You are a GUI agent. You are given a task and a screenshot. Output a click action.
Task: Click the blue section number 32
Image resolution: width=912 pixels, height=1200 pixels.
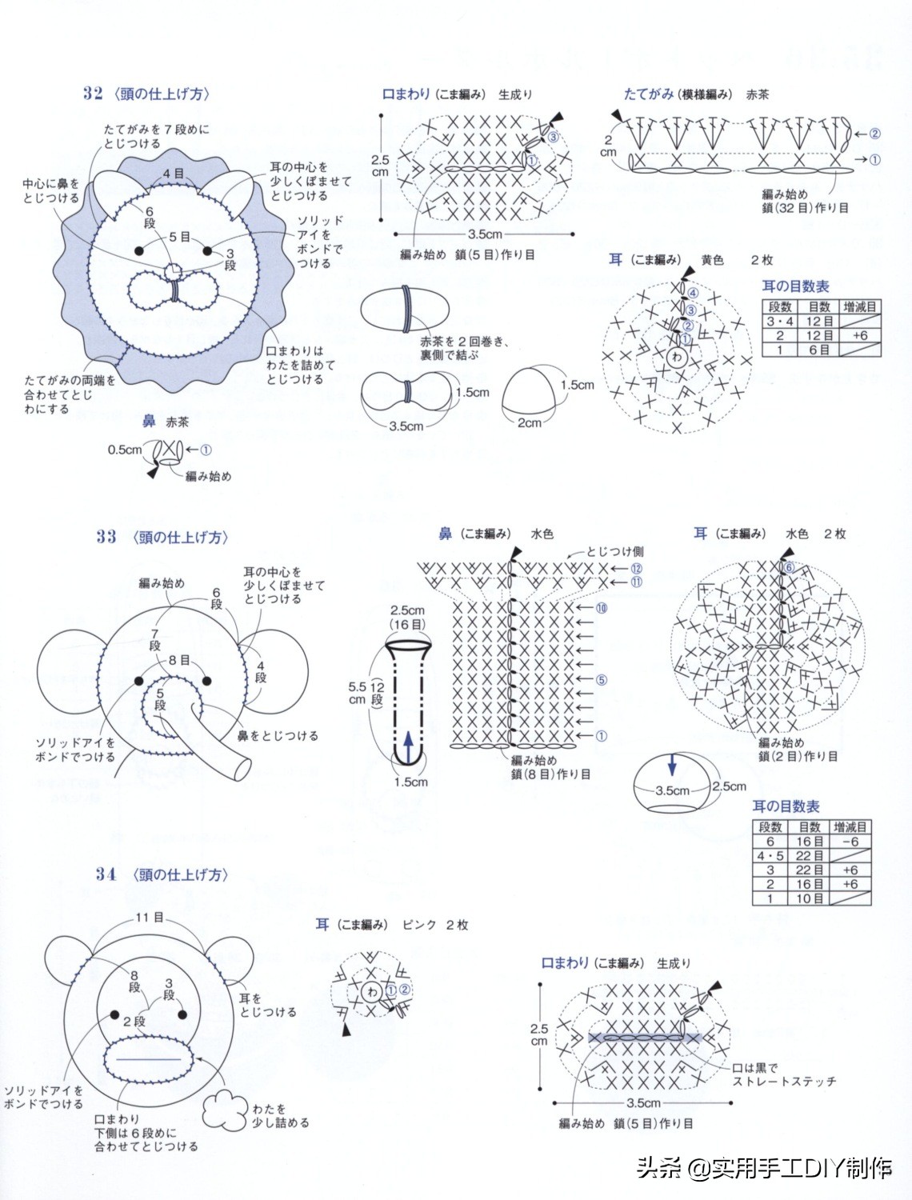pyautogui.click(x=93, y=94)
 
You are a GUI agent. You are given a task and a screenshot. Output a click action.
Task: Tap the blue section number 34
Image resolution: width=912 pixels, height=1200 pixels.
pyautogui.click(x=106, y=874)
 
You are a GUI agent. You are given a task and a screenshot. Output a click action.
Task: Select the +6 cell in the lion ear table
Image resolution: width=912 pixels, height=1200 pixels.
pyautogui.click(x=860, y=336)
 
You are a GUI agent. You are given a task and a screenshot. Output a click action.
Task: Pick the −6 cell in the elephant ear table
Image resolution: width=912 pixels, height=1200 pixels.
pyautogui.click(x=850, y=842)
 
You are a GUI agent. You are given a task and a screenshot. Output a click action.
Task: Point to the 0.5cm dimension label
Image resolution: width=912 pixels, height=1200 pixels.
pyautogui.click(x=124, y=450)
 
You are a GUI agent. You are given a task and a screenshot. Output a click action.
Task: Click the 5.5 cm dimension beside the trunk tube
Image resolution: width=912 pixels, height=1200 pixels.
pyautogui.click(x=357, y=693)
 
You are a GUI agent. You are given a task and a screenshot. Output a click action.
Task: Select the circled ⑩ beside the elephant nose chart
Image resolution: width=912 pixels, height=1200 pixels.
pyautogui.click(x=601, y=608)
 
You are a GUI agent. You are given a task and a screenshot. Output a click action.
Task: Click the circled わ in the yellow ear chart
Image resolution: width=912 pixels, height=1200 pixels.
pyautogui.click(x=677, y=357)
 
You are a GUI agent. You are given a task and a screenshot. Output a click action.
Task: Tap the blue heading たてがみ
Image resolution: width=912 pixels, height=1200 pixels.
pyautogui.click(x=648, y=94)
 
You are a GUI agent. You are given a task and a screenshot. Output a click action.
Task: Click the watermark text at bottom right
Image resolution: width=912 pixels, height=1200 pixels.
pyautogui.click(x=764, y=1168)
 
